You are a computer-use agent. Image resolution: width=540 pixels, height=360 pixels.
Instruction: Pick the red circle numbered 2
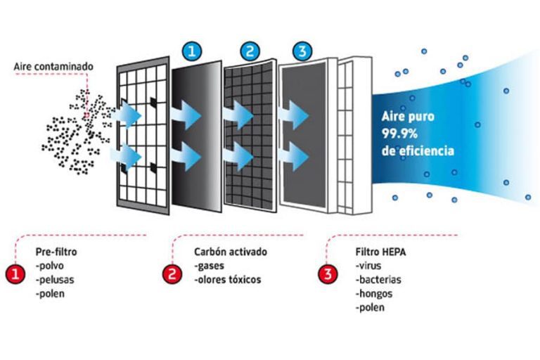pyautogui.click(x=172, y=274)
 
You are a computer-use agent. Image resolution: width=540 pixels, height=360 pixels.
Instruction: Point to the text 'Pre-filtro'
pyautogui.click(x=56, y=251)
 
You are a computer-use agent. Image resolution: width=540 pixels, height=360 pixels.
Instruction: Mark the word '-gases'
pyautogui.click(x=209, y=265)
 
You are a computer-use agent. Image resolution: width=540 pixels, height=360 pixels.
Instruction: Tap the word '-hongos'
pyautogui.click(x=373, y=293)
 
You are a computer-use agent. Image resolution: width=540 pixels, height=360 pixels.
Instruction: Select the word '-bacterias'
pyautogui.click(x=378, y=279)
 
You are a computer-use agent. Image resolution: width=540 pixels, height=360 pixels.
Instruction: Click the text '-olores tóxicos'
pyautogui.click(x=227, y=279)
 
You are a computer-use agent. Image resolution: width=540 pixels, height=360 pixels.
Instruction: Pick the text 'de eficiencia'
pyautogui.click(x=418, y=150)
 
